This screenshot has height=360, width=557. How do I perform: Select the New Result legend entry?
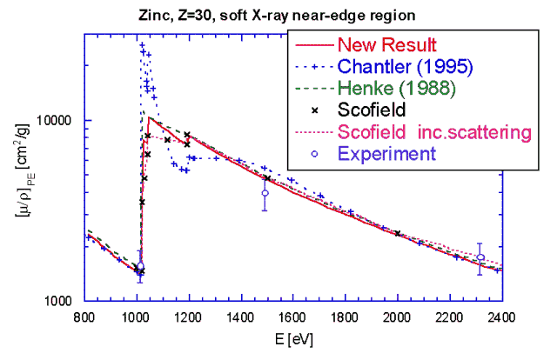[x=386, y=44]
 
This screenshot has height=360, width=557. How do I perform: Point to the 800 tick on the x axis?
[x=84, y=317]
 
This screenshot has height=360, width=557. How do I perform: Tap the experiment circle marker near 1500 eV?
[x=265, y=193]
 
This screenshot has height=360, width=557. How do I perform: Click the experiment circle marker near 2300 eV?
[x=480, y=257]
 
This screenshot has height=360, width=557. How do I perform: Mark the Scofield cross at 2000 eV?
[x=398, y=233]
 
